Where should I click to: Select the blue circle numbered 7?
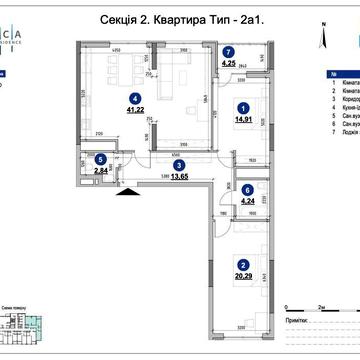(228, 51)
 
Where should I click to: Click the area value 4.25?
(228, 65)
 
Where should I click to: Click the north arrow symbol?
(322, 38)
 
